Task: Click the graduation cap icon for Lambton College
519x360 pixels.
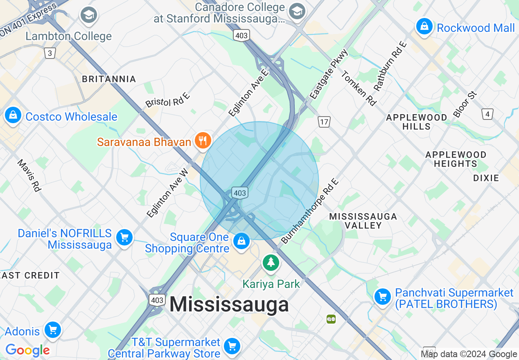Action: tap(88, 15)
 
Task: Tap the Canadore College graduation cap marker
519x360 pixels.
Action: tap(297, 11)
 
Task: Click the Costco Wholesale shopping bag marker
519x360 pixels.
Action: tap(13, 116)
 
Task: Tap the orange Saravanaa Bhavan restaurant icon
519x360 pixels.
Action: tap(202, 141)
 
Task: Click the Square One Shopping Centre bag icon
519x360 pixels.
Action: tap(241, 241)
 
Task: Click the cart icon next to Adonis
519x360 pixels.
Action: tap(53, 329)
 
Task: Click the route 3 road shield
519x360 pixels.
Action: tap(50, 53)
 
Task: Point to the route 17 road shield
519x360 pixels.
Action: tap(324, 122)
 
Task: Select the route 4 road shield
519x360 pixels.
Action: tap(487, 114)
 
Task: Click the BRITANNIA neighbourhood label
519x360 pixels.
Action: tap(109, 79)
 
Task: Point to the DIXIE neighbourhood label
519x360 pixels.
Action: tap(486, 178)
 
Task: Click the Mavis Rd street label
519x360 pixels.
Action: tap(29, 175)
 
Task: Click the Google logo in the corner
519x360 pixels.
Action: tap(27, 350)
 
